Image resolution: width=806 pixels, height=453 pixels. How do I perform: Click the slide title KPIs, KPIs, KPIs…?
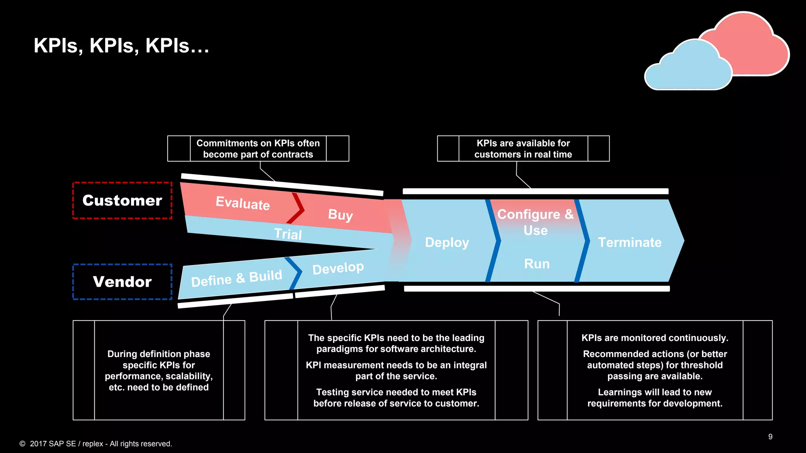click(121, 46)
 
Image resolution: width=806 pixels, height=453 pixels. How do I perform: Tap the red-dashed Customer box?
click(122, 201)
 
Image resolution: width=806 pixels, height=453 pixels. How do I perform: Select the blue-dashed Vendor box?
click(122, 282)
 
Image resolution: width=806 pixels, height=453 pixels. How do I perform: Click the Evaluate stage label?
click(243, 203)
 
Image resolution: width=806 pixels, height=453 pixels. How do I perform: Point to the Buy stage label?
click(340, 215)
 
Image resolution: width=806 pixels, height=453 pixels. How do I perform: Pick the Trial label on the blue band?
click(288, 234)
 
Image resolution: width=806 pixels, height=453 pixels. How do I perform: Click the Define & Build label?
click(237, 278)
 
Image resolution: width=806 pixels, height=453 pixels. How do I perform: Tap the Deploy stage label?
click(447, 243)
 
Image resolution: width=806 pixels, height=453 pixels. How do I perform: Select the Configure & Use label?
click(535, 222)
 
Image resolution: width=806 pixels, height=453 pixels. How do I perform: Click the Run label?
click(537, 264)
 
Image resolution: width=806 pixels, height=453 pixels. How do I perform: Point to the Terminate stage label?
click(630, 243)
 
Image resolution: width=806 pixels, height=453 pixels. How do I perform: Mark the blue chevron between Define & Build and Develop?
click(294, 272)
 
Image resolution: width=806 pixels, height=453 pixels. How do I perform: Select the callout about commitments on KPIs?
click(258, 149)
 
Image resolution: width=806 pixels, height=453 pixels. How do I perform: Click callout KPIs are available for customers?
click(523, 149)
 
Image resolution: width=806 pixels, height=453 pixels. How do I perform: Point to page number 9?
click(770, 437)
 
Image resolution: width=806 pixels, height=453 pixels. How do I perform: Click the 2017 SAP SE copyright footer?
click(96, 444)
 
